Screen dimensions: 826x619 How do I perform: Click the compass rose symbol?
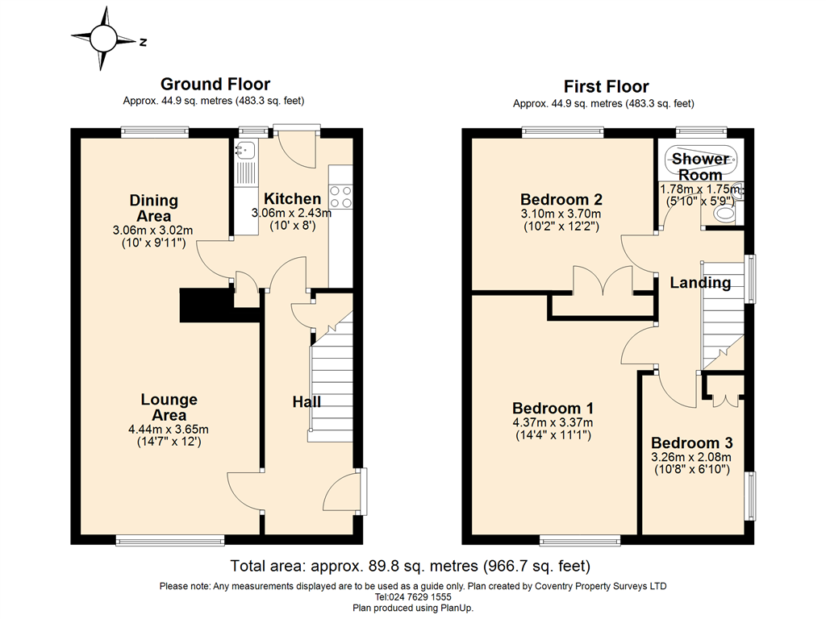[x=103, y=39]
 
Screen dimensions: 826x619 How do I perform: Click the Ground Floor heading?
[x=215, y=84]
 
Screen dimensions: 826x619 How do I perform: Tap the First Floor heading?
[x=607, y=86]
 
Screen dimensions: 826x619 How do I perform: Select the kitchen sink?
[x=245, y=151]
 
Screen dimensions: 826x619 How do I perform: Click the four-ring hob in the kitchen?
[x=340, y=197]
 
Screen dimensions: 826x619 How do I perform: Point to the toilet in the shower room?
[x=726, y=214]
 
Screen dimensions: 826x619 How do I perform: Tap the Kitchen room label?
[x=292, y=199]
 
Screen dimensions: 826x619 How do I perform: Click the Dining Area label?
[x=154, y=209]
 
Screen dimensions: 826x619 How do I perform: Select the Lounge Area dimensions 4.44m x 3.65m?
[x=169, y=430]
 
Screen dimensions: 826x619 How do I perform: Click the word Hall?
[x=307, y=402]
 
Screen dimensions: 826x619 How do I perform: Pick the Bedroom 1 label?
[x=553, y=409]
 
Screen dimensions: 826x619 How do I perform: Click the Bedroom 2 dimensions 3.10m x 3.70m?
[x=561, y=214]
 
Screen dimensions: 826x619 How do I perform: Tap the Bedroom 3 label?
[x=691, y=443]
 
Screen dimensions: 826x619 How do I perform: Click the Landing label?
[x=700, y=283]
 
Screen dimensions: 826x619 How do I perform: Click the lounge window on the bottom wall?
[x=170, y=540]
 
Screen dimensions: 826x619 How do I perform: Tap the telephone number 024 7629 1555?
[x=419, y=597]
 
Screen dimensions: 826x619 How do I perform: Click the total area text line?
[x=411, y=566]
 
